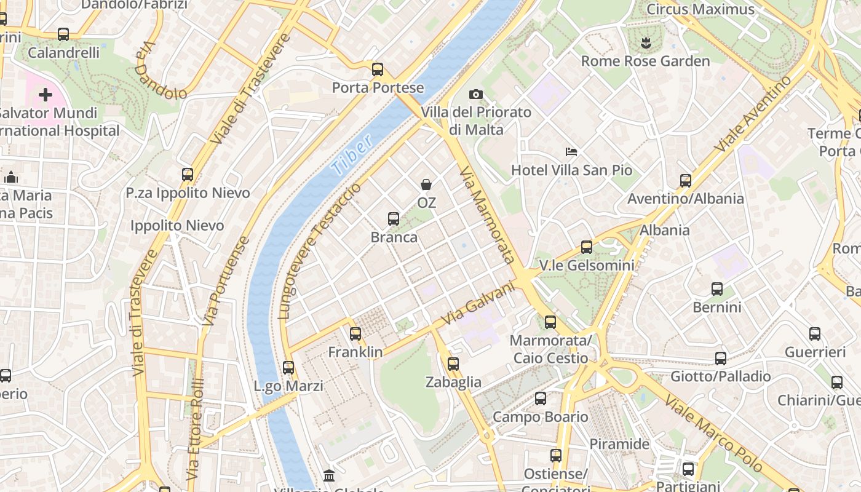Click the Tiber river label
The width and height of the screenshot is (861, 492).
(352, 154)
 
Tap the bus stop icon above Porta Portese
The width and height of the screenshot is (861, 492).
(378, 69)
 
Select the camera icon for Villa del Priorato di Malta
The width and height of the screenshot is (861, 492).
(475, 94)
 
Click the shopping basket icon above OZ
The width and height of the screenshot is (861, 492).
(426, 184)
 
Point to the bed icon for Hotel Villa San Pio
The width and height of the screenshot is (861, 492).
(571, 151)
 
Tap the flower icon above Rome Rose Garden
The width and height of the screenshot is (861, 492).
(645, 42)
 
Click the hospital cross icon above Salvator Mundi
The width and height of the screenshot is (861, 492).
(45, 95)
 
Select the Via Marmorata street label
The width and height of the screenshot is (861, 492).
(487, 214)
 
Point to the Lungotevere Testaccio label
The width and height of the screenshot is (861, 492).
(319, 251)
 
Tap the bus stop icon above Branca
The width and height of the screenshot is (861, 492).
(394, 218)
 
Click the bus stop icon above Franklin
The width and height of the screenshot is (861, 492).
(355, 333)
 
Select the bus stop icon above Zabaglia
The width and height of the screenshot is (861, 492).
(453, 363)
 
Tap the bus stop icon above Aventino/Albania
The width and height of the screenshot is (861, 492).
(686, 180)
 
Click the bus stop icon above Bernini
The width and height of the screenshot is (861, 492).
(717, 288)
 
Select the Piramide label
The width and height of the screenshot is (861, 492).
(619, 443)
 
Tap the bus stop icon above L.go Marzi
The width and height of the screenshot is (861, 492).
(288, 368)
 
